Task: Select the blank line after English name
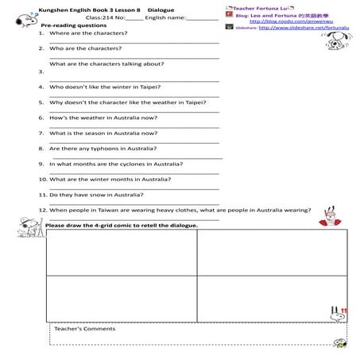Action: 202,17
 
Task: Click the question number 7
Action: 41,133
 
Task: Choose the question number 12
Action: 42,210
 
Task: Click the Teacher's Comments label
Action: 85,328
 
